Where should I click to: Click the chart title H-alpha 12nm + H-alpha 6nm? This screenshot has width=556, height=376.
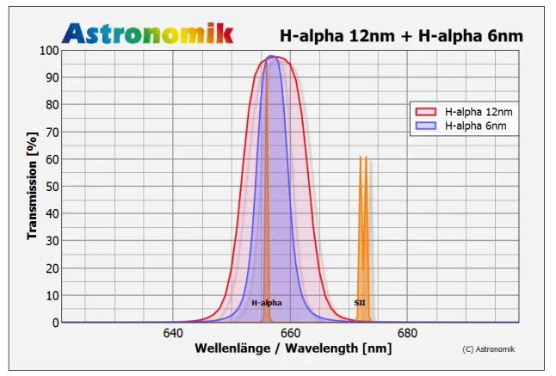coord(401,35)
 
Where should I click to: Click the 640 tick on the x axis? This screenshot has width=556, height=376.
coord(173,333)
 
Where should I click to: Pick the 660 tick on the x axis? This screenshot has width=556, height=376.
coord(290,333)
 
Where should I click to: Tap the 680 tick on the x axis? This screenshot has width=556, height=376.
coord(407,333)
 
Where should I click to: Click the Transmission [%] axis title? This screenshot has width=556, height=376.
coord(32,186)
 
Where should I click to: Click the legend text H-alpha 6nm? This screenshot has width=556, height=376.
coord(470,126)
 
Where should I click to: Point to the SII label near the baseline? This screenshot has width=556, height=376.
coord(360,303)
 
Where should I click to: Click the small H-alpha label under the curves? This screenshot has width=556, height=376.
coord(267,303)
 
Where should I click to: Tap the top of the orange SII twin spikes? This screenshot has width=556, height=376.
coord(362,157)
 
